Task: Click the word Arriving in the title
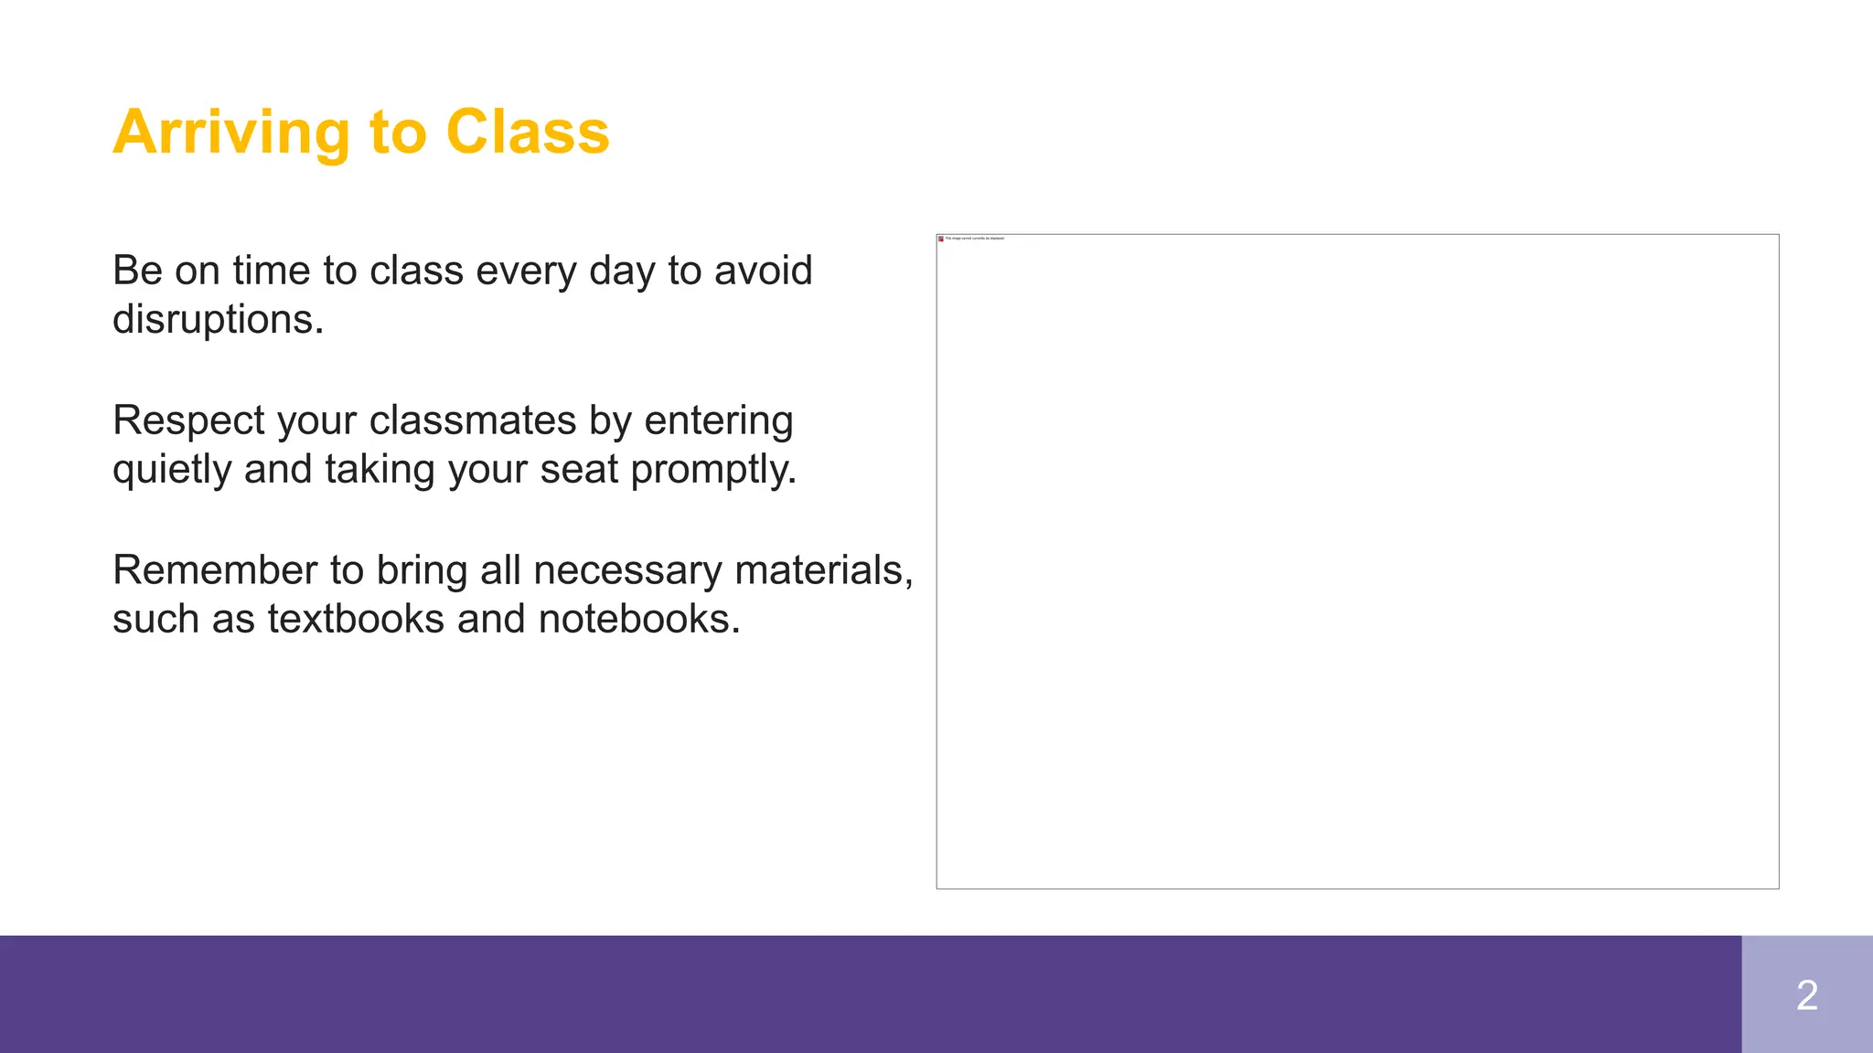231,133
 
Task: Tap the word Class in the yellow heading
528,132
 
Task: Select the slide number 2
1806,995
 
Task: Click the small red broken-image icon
941,239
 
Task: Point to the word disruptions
218,320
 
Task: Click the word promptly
713,470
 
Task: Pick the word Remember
215,570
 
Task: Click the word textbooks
356,619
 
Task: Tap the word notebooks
638,619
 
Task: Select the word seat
579,470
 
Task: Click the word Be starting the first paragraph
137,271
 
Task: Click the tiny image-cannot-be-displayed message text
975,239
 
